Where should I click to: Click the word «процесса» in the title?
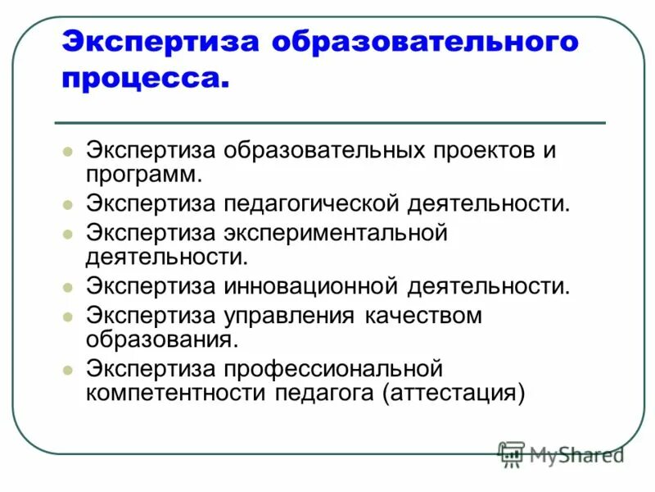click(142, 80)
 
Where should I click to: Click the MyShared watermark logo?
click(561, 453)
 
